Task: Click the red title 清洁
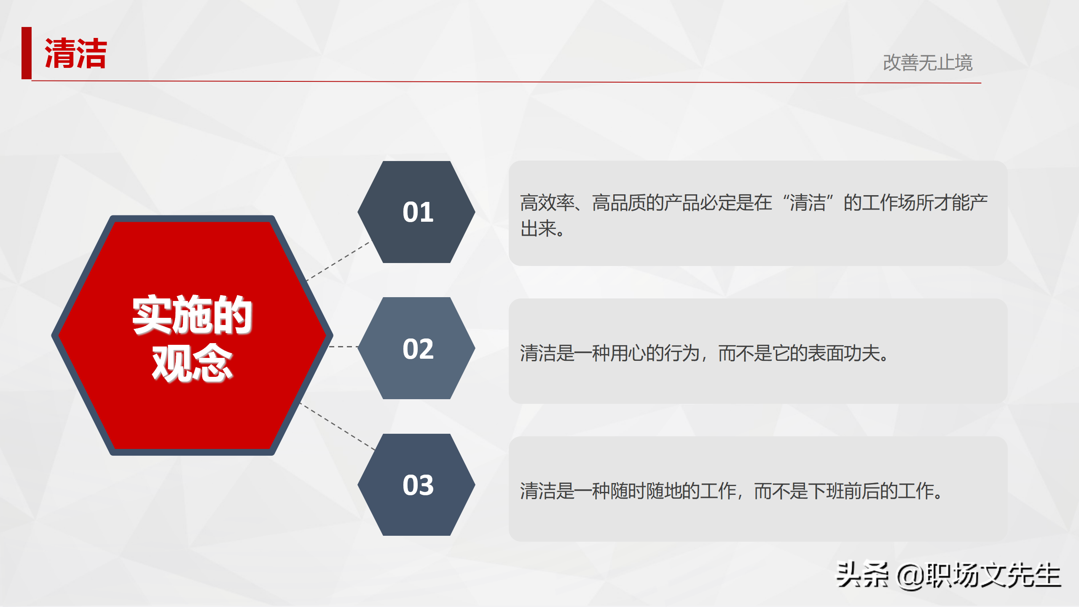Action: tap(76, 54)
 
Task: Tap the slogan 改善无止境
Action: tap(927, 63)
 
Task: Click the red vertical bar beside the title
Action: tap(27, 53)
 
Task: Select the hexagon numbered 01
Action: tap(417, 212)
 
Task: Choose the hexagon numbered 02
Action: tap(417, 349)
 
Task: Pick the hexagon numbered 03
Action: tap(417, 485)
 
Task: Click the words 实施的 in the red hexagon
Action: tap(192, 315)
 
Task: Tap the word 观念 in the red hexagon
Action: tap(192, 363)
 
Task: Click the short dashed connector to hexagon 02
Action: tap(343, 346)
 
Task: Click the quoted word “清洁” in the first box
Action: tap(808, 203)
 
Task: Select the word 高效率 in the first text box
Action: tap(547, 203)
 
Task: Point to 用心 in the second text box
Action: tap(628, 353)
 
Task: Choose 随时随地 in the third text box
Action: tap(646, 491)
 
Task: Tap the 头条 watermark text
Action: tap(862, 575)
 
